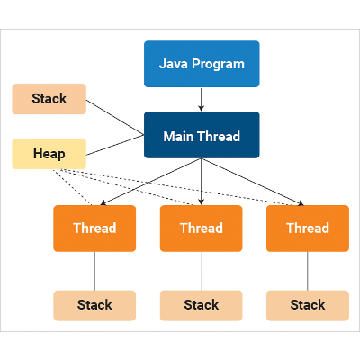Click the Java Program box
coord(202,64)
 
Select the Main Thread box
coord(202,135)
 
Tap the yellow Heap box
coord(49,154)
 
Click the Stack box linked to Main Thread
coord(49,99)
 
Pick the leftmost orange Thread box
coord(94,229)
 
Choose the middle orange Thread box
coord(202,229)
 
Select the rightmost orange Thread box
coord(308,229)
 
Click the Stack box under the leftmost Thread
coord(94,305)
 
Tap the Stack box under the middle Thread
coord(202,305)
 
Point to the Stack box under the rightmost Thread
coord(308,305)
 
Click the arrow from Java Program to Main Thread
coord(202,99)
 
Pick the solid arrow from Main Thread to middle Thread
coord(202,180)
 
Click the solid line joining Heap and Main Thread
coord(115,145)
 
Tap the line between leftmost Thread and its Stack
coord(94,270)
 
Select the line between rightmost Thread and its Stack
coord(308,270)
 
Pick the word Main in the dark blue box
coord(179,136)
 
